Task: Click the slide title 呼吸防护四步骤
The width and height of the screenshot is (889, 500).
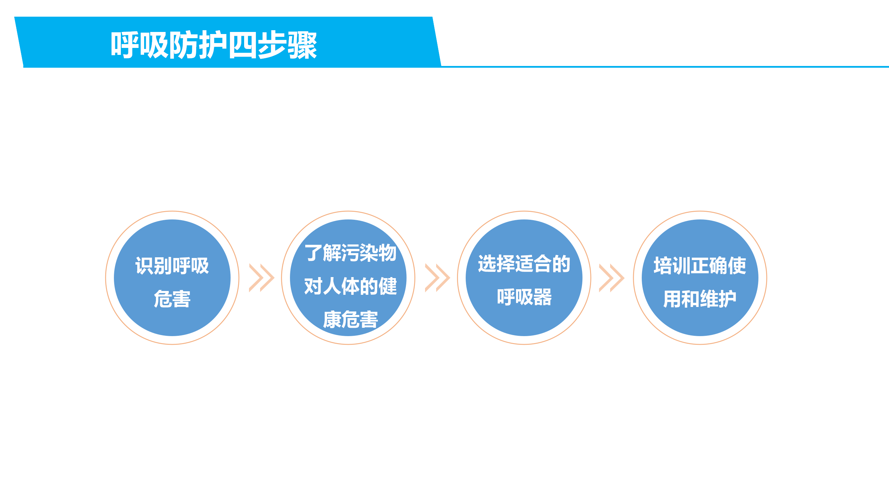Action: point(214,45)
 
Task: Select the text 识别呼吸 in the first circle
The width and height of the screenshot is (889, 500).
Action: point(172,266)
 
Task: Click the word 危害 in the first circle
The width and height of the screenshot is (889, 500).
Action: point(172,299)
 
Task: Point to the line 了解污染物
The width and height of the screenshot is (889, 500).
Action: point(350,252)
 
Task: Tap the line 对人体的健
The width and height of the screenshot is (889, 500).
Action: point(350,286)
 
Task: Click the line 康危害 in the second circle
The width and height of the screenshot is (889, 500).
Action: point(350,319)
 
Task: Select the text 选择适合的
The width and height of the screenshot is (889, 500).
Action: point(524,264)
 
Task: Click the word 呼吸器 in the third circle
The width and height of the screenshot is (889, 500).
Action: point(524,297)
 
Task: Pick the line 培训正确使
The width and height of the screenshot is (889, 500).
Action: point(700,266)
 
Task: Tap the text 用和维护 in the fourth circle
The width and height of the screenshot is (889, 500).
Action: point(700,299)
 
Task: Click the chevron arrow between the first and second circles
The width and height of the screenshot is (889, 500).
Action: point(262,278)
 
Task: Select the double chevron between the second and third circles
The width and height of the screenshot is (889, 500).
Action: point(438,278)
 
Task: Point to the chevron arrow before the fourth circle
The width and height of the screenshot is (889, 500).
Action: point(612,278)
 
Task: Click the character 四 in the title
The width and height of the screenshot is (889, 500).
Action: point(243,45)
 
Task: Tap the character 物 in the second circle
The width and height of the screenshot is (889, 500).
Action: point(388,252)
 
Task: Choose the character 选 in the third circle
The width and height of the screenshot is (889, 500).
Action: point(487,264)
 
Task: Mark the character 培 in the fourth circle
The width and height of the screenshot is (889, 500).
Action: point(663,266)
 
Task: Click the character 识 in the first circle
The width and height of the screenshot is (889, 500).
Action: point(144,266)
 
